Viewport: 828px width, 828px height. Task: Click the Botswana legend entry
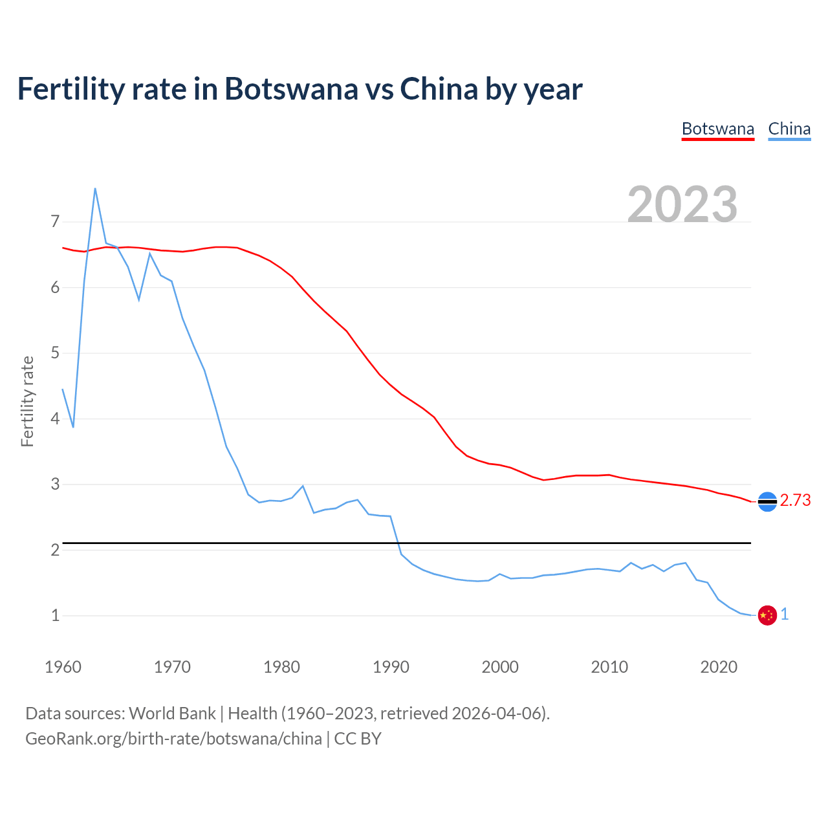tap(717, 129)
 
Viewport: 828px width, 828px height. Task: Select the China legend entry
tap(789, 129)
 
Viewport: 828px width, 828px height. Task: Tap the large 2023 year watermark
tap(682, 204)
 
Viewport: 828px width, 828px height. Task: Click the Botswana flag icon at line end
tap(767, 501)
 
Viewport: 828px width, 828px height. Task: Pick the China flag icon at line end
tap(767, 615)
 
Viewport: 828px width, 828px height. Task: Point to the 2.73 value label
tap(795, 501)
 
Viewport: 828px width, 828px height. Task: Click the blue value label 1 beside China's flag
tap(785, 615)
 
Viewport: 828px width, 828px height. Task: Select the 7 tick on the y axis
tap(55, 222)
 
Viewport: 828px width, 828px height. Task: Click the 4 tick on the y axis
tap(55, 419)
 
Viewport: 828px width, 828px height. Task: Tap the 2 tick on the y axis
tap(55, 550)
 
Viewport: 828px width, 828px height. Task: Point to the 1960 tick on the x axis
tap(63, 667)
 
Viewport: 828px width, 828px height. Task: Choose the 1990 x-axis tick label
tap(391, 667)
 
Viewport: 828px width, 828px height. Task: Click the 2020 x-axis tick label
tap(719, 667)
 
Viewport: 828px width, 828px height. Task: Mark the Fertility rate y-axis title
tap(27, 401)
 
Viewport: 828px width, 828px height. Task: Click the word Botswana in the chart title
tap(290, 89)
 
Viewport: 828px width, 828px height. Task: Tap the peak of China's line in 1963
tap(95, 189)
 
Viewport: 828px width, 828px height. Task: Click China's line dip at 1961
tap(73, 427)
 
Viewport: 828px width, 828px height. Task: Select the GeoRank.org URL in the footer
tap(173, 739)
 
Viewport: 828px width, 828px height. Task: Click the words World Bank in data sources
tap(172, 714)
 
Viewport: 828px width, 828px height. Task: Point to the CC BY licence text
tap(358, 739)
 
